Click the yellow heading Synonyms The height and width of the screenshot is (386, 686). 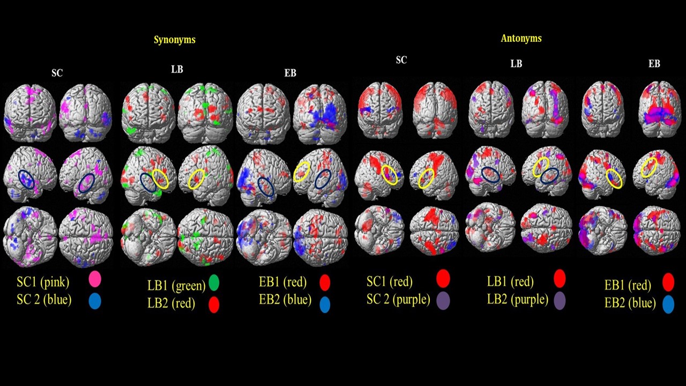tap(175, 40)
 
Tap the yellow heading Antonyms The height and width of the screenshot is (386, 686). tap(521, 39)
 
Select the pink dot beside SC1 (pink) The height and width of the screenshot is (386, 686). tap(95, 279)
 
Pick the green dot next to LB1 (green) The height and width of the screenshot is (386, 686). tap(214, 282)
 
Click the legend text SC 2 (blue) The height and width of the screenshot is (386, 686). tap(44, 300)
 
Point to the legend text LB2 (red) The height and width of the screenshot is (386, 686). tap(171, 303)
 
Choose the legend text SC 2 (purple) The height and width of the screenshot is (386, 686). tap(398, 299)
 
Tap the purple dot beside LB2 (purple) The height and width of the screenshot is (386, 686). tap(560, 300)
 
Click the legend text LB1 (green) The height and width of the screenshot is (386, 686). tap(176, 285)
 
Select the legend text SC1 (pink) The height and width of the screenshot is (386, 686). tap(43, 281)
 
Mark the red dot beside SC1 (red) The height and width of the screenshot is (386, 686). tap(443, 279)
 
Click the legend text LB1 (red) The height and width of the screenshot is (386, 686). tap(510, 281)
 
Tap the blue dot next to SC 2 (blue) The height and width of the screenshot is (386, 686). tap(94, 301)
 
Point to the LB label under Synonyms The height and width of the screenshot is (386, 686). tap(177, 70)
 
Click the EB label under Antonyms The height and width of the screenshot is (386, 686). tap(654, 64)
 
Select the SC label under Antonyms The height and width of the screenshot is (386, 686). tap(401, 61)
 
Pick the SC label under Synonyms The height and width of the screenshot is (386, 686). tap(57, 73)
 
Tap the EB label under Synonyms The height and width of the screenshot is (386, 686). tap(290, 73)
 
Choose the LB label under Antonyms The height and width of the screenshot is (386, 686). tap(516, 64)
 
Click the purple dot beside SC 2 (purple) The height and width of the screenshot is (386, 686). tap(443, 299)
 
